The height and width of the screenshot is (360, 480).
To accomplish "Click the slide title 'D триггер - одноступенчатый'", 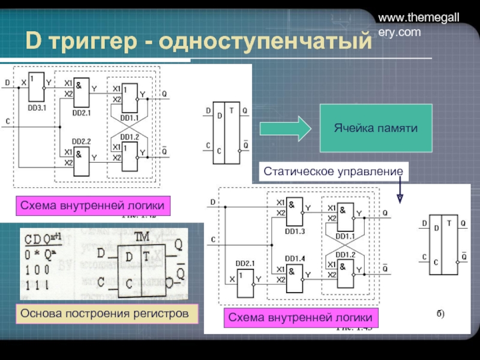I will pyautogui.click(x=195, y=42).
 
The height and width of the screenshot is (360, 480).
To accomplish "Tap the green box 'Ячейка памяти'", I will pyautogui.click(x=375, y=128).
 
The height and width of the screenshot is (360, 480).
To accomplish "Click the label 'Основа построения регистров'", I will pyautogui.click(x=108, y=314).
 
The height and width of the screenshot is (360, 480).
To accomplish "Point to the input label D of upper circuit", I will pyautogui.click(x=7, y=82).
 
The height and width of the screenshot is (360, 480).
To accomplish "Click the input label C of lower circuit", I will pyautogui.click(x=214, y=241).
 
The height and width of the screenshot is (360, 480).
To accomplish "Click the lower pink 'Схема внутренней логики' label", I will pyautogui.click(x=298, y=317).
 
